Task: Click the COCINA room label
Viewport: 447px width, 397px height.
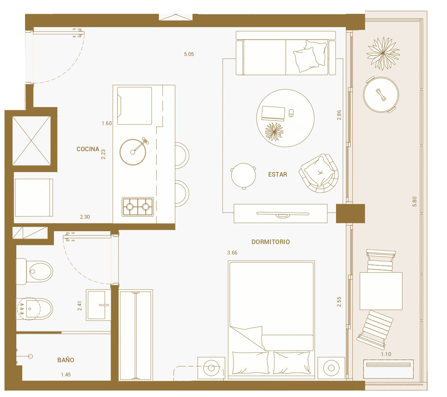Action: tap(88, 149)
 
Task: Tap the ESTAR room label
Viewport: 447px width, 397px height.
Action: tap(277, 175)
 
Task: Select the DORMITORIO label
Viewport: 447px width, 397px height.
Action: tap(271, 242)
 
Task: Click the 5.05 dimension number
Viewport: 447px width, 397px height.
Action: tap(189, 54)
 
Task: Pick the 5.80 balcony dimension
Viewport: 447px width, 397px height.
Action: tap(414, 201)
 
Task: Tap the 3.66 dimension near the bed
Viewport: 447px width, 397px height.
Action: tap(232, 253)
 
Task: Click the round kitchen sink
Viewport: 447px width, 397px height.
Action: tap(133, 152)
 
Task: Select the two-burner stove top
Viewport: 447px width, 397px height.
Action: tap(138, 206)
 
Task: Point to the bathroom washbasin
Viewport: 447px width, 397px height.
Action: tap(98, 305)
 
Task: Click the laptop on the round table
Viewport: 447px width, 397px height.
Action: tap(273, 113)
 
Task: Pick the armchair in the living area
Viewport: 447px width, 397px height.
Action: tap(319, 173)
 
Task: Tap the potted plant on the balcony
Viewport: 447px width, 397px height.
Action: tap(383, 54)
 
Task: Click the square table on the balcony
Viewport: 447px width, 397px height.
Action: tap(381, 291)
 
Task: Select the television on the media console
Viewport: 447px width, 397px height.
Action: tap(282, 214)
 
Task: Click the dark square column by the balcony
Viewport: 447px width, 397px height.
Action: tap(350, 213)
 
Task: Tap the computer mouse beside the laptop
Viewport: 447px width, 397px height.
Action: tap(291, 113)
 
